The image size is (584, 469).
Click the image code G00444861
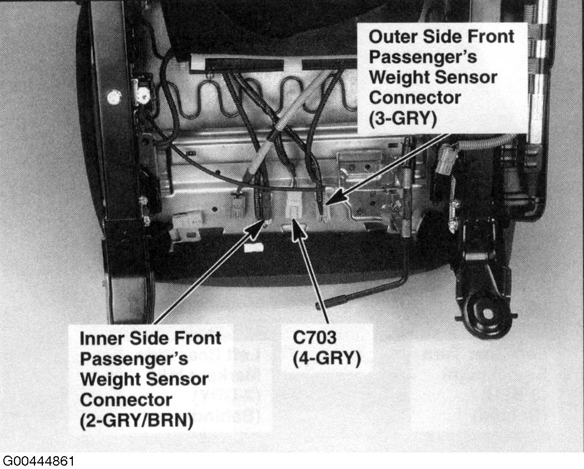tap(38, 461)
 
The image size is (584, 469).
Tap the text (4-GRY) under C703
tap(326, 359)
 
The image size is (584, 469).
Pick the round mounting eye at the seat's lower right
tap(487, 314)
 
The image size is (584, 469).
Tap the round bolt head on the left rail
tap(114, 97)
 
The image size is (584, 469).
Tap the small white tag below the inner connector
tap(253, 247)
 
